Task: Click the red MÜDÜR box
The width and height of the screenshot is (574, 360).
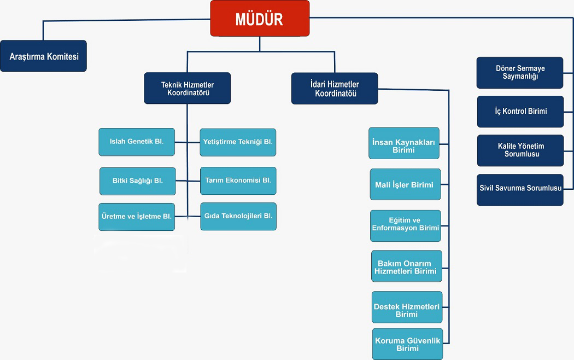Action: click(260, 19)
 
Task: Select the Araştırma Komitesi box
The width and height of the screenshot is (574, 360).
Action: click(44, 56)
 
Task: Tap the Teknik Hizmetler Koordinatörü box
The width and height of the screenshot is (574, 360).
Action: click(187, 89)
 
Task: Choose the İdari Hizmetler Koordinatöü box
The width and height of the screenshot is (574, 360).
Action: click(335, 89)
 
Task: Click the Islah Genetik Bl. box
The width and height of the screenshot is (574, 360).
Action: click(137, 142)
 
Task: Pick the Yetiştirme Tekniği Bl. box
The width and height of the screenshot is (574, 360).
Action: click(238, 142)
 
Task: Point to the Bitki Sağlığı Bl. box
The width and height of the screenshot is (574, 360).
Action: click(138, 181)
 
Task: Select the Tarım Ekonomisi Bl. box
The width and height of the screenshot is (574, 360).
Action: click(238, 181)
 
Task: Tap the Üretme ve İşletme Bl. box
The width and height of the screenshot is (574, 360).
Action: click(137, 217)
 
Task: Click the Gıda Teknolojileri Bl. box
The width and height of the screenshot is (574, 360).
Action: click(238, 216)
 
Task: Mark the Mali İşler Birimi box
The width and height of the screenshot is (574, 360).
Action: click(405, 185)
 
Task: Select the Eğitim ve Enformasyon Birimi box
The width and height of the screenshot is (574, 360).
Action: click(405, 225)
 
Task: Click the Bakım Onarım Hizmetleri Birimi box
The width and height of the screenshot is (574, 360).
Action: click(406, 266)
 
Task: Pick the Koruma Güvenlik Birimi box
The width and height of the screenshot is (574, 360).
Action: click(407, 344)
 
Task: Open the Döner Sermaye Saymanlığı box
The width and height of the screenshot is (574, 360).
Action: click(520, 73)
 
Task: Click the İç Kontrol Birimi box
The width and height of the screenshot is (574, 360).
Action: click(520, 112)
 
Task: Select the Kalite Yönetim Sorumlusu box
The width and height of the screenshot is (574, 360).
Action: click(520, 150)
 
